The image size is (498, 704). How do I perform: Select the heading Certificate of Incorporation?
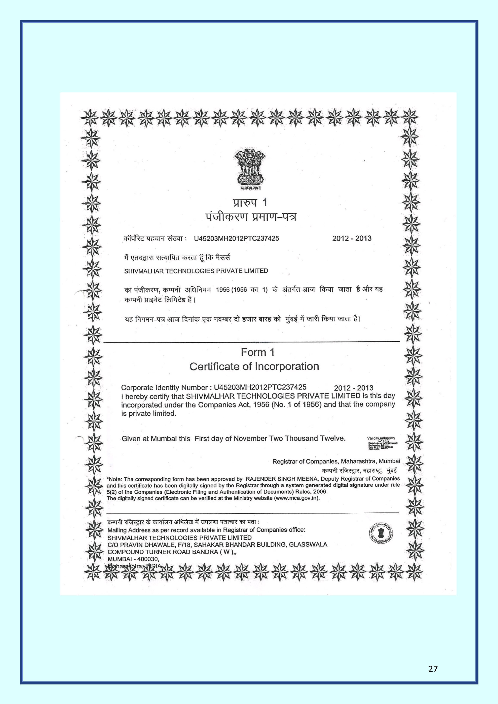click(254, 366)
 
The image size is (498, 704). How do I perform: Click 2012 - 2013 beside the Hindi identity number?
click(352, 238)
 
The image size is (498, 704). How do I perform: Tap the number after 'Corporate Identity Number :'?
click(260, 387)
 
